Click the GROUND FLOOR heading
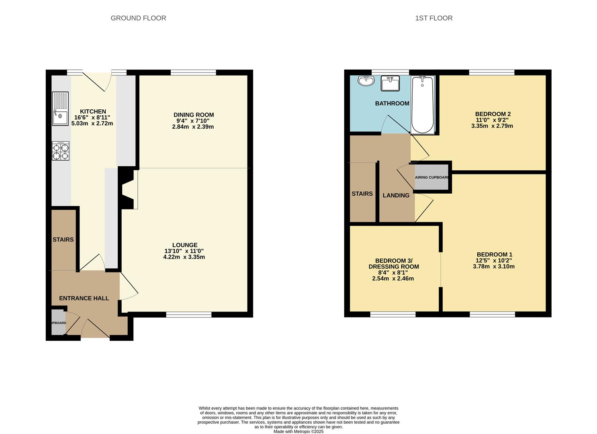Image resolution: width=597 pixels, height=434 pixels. [x=138, y=18]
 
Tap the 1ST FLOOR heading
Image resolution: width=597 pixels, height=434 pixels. [x=433, y=18]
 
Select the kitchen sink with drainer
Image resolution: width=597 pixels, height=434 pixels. [x=60, y=108]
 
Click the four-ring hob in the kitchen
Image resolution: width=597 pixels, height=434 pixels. [x=61, y=151]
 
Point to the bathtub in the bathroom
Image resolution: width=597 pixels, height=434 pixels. [x=422, y=104]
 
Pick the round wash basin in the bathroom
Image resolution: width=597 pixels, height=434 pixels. [x=366, y=80]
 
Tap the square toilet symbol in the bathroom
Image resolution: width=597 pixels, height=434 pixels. [x=390, y=83]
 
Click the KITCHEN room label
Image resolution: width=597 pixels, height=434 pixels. [x=93, y=111]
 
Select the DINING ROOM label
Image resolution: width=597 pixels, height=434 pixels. [x=194, y=115]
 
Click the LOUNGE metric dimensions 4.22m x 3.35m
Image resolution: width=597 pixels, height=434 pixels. [x=184, y=257]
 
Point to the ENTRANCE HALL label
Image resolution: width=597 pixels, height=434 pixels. [x=84, y=298]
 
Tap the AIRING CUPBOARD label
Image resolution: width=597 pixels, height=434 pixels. [x=432, y=177]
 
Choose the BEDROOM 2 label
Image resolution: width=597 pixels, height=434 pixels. [x=493, y=114]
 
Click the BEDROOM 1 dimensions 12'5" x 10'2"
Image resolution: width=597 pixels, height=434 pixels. [x=494, y=260]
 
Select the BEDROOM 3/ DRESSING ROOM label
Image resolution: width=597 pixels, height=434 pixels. [x=394, y=264]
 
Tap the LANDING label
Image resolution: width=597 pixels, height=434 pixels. [x=396, y=195]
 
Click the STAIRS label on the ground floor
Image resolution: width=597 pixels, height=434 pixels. [x=63, y=240]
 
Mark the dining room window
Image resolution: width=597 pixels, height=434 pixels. [x=194, y=72]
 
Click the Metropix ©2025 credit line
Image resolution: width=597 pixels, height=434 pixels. [x=298, y=431]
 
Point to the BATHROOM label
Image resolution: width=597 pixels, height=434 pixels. [x=392, y=103]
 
